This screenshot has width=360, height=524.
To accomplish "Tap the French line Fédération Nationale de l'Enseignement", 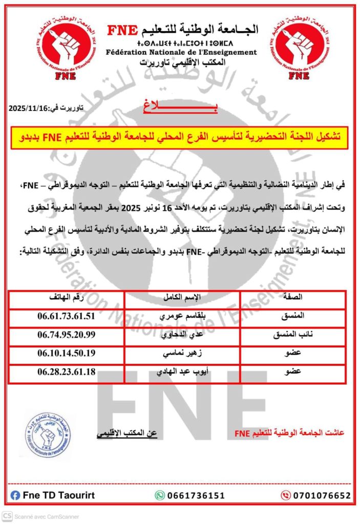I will tap(181, 52).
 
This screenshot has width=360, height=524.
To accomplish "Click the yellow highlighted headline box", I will tap(180, 137).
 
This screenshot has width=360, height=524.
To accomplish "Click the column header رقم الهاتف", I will tap(67, 297).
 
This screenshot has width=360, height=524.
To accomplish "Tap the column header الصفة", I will tap(292, 297).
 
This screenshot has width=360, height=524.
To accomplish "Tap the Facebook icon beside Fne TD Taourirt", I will tap(15, 495).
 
